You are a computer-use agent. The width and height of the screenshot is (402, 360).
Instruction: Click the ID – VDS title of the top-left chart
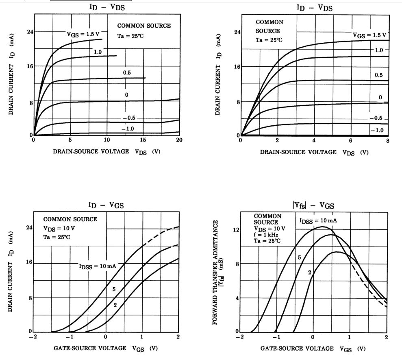pos(107,7)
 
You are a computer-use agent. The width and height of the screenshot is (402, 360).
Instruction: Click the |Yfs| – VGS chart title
pos(313,205)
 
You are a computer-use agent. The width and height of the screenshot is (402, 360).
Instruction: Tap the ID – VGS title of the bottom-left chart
pos(106,205)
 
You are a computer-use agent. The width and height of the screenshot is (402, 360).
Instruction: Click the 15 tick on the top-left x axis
pos(143,140)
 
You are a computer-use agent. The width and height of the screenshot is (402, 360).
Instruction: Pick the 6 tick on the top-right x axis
pos(351,140)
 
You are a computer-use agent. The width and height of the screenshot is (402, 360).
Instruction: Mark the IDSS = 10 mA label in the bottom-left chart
pos(98,266)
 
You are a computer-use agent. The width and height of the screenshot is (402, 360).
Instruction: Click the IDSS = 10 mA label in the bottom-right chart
pos(318,221)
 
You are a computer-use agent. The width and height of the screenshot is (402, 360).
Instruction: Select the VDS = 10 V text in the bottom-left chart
pos(59,228)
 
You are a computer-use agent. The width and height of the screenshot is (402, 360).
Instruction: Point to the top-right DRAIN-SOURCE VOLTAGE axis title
pos(314,152)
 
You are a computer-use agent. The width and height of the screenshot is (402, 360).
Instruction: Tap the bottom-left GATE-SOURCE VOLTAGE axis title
pos(106,349)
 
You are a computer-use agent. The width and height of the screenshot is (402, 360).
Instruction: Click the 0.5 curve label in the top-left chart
pos(127,72)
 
